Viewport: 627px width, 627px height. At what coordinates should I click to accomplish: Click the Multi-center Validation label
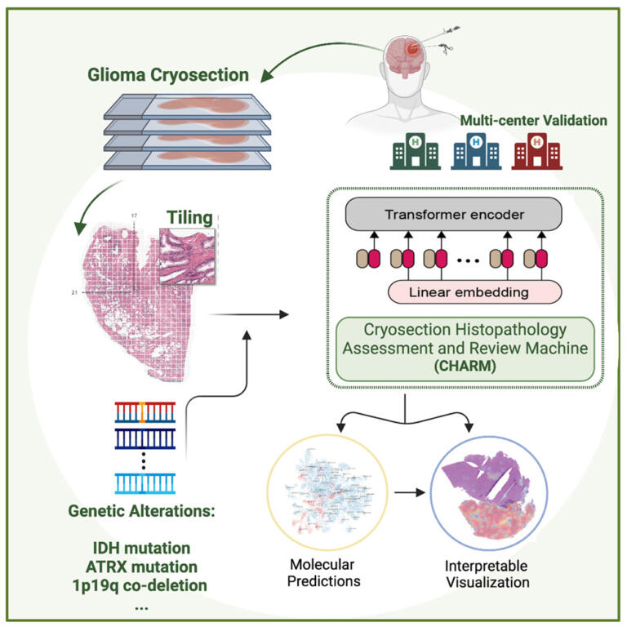[x=534, y=120]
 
